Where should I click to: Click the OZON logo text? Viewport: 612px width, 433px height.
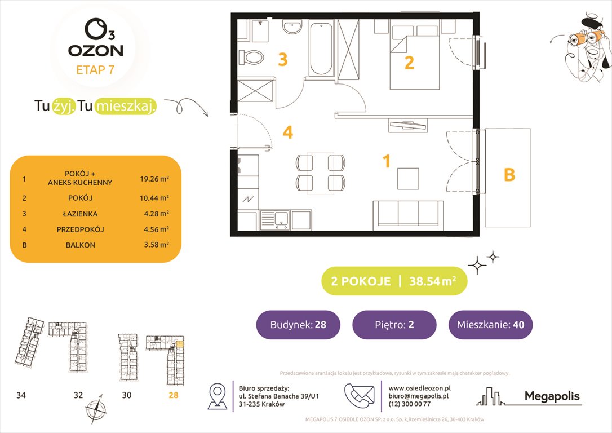tap(95, 50)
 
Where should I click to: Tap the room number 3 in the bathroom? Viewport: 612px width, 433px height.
tap(282, 60)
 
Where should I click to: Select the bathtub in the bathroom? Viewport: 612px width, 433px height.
tap(321, 49)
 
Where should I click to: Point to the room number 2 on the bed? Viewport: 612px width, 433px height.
tap(409, 63)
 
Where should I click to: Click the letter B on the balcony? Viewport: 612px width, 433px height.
tap(508, 176)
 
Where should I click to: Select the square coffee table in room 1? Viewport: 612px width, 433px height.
tap(408, 179)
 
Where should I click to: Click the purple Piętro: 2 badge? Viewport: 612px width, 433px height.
tap(394, 325)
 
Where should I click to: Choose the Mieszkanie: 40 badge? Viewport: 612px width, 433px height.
tap(490, 325)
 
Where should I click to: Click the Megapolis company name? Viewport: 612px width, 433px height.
tap(552, 396)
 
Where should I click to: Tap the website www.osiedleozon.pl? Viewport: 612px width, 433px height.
tap(420, 388)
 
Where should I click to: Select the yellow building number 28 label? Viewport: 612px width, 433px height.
tap(173, 395)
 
